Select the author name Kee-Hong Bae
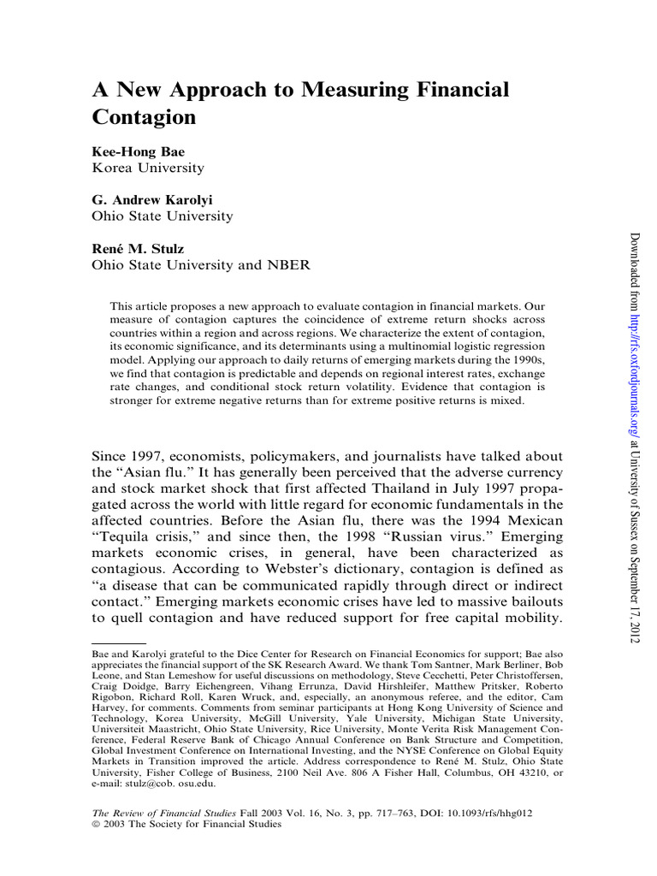138,151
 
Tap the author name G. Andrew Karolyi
152,199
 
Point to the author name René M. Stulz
139,248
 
